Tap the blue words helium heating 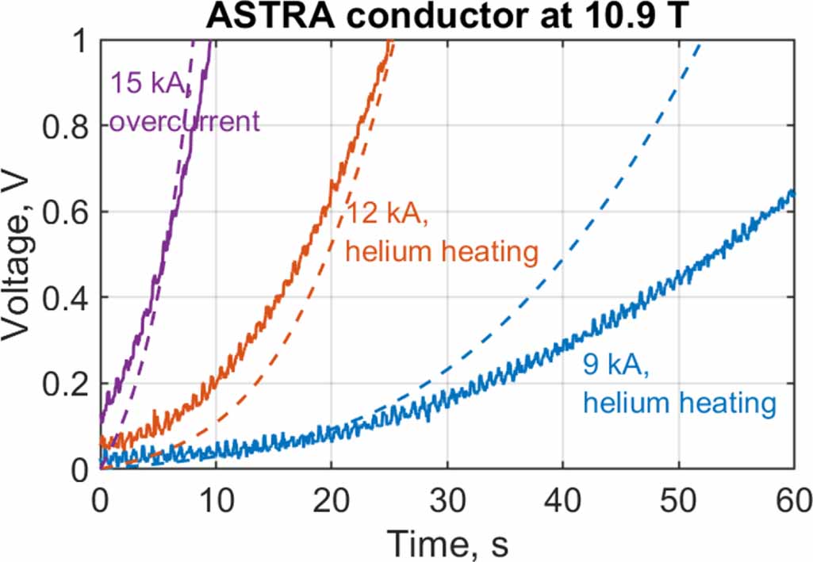(679, 403)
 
